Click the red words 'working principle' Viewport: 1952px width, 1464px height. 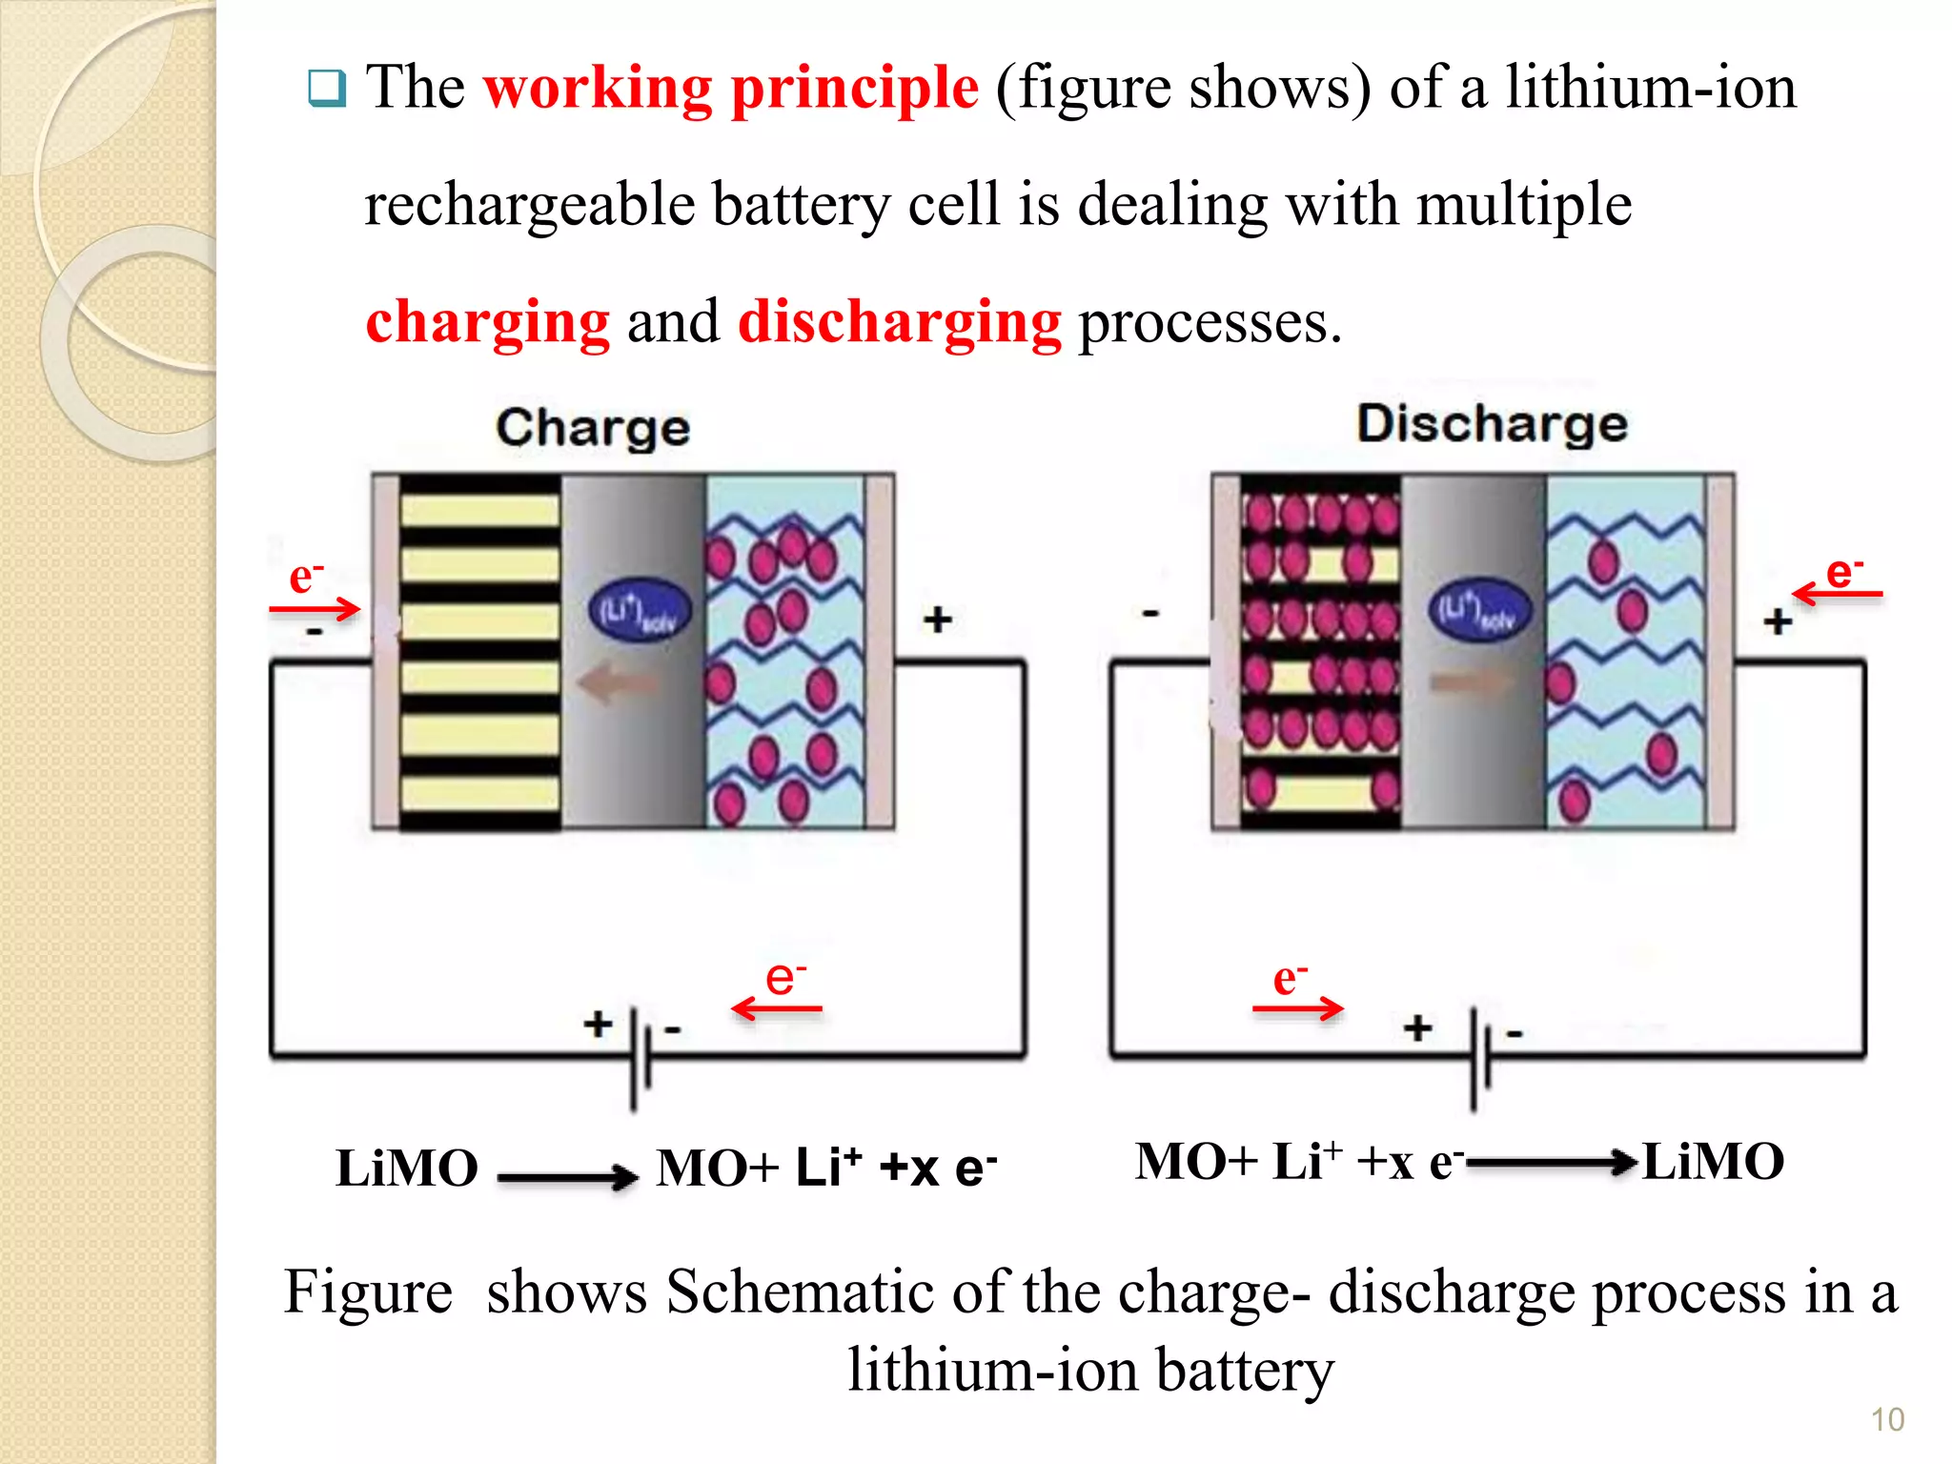click(x=730, y=89)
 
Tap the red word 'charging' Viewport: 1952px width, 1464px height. click(x=487, y=322)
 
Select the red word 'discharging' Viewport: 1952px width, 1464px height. click(x=899, y=322)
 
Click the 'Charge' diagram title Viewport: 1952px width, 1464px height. click(x=592, y=427)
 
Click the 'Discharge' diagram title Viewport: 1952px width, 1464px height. click(x=1492, y=423)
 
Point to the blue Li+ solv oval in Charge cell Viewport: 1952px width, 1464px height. click(x=639, y=611)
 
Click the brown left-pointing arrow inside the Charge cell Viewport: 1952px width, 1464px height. click(x=618, y=682)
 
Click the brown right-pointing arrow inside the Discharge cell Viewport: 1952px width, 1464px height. click(x=1471, y=681)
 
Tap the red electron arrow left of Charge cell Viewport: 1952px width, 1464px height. click(x=315, y=608)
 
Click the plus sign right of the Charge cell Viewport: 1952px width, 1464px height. click(x=937, y=620)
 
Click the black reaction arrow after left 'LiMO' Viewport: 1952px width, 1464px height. click(x=567, y=1177)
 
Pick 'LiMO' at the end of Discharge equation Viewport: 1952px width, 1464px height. click(x=1713, y=1162)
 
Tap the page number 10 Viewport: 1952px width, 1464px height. click(x=1887, y=1419)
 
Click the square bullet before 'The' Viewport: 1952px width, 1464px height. click(x=327, y=89)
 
